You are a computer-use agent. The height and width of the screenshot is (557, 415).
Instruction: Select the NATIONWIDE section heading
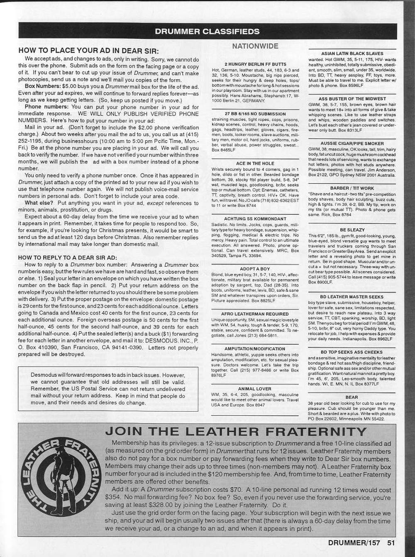coord(255,46)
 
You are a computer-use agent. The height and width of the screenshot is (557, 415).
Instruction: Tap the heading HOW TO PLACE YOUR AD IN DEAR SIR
coord(88,51)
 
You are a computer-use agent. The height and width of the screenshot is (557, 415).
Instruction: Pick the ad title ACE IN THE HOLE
coord(255,164)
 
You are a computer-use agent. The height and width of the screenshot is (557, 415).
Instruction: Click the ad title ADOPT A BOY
coord(255,269)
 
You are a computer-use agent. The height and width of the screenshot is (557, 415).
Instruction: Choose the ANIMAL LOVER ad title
coord(255,389)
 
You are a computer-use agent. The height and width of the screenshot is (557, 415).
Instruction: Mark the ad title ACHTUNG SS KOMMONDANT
coord(255,218)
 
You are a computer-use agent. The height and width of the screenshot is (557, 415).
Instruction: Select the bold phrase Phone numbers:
coord(46,107)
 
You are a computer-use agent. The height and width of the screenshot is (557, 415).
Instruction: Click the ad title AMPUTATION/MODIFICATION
coord(255,349)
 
